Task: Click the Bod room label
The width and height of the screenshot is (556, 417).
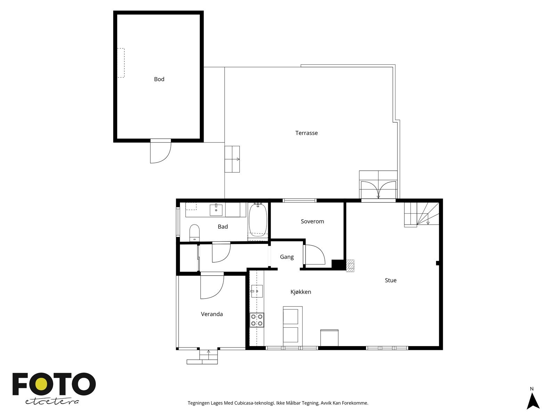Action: point(159,79)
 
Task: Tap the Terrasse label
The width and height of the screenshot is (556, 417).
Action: point(306,133)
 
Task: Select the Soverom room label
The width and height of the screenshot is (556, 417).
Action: point(312,221)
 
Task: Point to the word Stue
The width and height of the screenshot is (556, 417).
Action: point(391,280)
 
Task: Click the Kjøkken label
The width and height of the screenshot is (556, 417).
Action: point(301,292)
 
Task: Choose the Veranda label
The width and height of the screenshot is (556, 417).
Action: point(212,314)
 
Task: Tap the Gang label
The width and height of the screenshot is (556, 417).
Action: point(287,257)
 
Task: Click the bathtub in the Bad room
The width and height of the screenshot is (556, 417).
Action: point(257,221)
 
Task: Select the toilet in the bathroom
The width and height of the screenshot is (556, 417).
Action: point(194,232)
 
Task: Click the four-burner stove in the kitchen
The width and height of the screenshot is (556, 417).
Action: point(257,320)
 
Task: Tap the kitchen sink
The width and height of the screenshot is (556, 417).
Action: point(257,291)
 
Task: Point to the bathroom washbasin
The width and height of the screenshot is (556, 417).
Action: point(216,210)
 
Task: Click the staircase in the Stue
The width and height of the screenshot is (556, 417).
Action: point(421,214)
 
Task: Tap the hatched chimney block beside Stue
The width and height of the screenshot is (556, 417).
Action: point(350,265)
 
